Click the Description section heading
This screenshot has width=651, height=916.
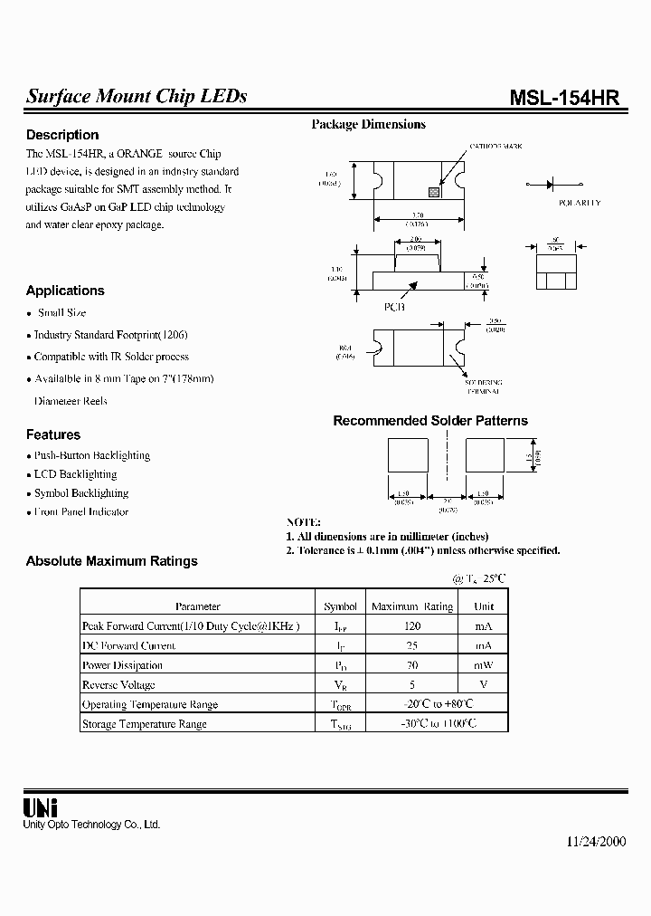pyautogui.click(x=62, y=135)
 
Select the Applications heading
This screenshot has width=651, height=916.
pyautogui.click(x=65, y=291)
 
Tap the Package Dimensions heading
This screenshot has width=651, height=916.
pyautogui.click(x=368, y=125)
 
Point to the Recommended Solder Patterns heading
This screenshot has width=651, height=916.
pyautogui.click(x=430, y=421)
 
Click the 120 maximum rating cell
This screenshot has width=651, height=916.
pyautogui.click(x=412, y=625)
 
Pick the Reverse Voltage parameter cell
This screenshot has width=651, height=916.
pyautogui.click(x=118, y=685)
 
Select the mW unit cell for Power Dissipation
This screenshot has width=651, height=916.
pyautogui.click(x=484, y=665)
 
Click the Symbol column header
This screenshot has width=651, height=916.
pyautogui.click(x=341, y=606)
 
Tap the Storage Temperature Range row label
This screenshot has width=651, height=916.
pyautogui.click(x=145, y=724)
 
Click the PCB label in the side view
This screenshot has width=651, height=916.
pyautogui.click(x=395, y=307)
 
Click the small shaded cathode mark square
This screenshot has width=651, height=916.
pyautogui.click(x=433, y=192)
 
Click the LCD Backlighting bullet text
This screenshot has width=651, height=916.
pyautogui.click(x=76, y=474)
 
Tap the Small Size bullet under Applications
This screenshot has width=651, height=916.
pyautogui.click(x=62, y=313)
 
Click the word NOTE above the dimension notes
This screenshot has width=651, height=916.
pyautogui.click(x=304, y=523)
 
